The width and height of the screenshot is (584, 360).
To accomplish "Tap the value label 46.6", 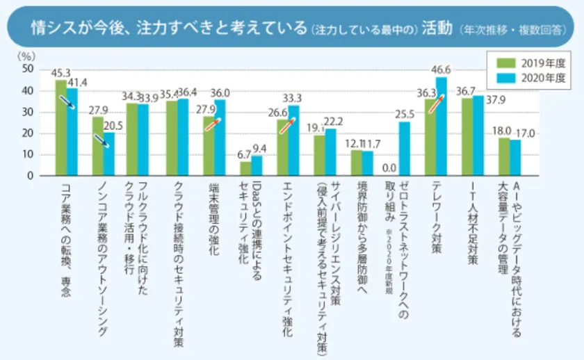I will (441, 69).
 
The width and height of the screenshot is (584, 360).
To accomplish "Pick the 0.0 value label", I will (390, 168).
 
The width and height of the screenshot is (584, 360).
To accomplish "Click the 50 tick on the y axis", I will (28, 69).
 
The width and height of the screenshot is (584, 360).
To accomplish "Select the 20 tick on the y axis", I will (28, 133).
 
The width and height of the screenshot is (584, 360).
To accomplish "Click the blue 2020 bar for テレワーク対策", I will (441, 126).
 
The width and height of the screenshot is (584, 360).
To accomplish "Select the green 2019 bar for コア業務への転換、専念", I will (61, 128).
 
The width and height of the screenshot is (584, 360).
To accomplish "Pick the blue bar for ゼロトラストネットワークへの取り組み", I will (405, 149).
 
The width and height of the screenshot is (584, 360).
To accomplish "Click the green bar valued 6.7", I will (245, 169).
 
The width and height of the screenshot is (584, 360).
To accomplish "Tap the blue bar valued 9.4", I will (257, 166).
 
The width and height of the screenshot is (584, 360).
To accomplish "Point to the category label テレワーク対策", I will (436, 216).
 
